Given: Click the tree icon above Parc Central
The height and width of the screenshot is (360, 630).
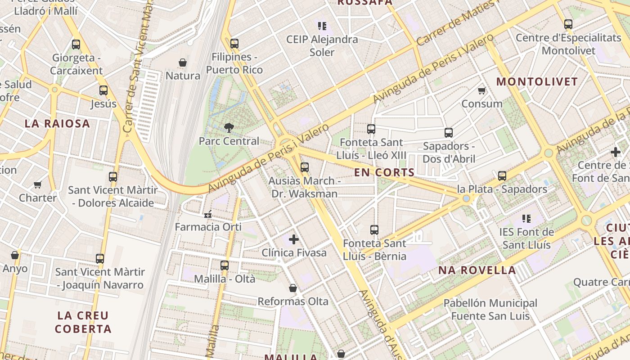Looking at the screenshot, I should (229, 128).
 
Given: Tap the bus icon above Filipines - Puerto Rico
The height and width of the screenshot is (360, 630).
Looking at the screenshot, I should (234, 44).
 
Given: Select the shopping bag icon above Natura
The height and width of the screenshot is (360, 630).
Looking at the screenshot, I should (183, 63).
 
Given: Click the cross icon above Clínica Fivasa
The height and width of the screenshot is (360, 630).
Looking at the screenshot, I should (294, 239).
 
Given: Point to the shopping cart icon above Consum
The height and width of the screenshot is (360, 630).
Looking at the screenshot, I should (482, 90).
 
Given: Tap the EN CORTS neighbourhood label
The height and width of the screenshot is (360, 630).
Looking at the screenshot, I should (384, 172).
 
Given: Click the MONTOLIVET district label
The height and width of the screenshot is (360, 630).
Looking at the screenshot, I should (537, 82).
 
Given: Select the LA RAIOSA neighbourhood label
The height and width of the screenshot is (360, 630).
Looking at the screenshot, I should (57, 124).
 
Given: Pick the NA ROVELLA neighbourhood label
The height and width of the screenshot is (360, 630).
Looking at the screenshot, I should (477, 270).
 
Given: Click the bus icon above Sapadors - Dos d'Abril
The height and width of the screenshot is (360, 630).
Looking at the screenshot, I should (448, 133).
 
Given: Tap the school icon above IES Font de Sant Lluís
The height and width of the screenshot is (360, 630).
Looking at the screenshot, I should (526, 219).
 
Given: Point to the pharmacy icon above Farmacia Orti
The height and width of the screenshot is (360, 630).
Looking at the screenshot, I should (208, 214).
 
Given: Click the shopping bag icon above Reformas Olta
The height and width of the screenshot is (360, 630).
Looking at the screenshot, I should (293, 288).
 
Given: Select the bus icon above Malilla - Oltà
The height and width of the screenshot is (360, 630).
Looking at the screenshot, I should (225, 265).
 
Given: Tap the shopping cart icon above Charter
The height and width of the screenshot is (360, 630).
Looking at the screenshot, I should (38, 184).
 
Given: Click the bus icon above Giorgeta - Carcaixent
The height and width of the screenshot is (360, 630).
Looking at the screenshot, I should (76, 45).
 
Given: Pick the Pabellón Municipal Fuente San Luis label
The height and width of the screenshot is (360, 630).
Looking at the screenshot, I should (490, 310).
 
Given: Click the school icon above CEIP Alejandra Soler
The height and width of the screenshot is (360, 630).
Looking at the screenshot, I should (322, 26).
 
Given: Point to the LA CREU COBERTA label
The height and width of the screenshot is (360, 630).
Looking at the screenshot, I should (83, 322).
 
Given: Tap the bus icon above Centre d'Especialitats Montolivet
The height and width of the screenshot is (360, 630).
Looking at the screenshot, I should (568, 24).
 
